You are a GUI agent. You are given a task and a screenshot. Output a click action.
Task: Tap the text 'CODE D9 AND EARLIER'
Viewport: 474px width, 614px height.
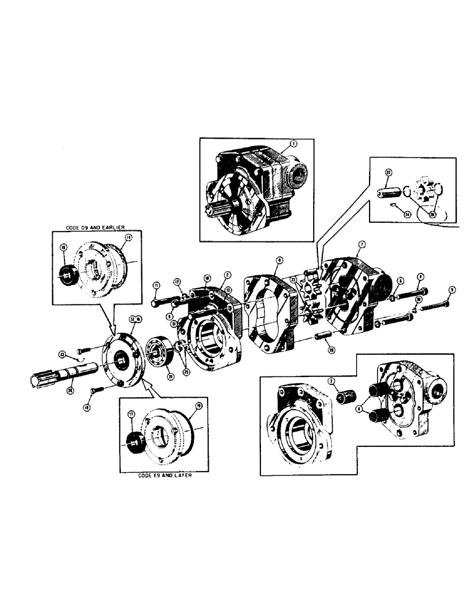click(95, 228)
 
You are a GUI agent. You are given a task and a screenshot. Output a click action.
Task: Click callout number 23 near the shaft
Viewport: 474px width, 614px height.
click(63, 354)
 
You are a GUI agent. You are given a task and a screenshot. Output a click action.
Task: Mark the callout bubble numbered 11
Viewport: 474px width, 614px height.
click(156, 285)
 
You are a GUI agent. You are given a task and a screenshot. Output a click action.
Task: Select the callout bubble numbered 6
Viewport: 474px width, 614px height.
click(279, 260)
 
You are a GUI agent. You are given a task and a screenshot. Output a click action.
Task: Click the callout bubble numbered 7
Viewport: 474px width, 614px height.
click(362, 244)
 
